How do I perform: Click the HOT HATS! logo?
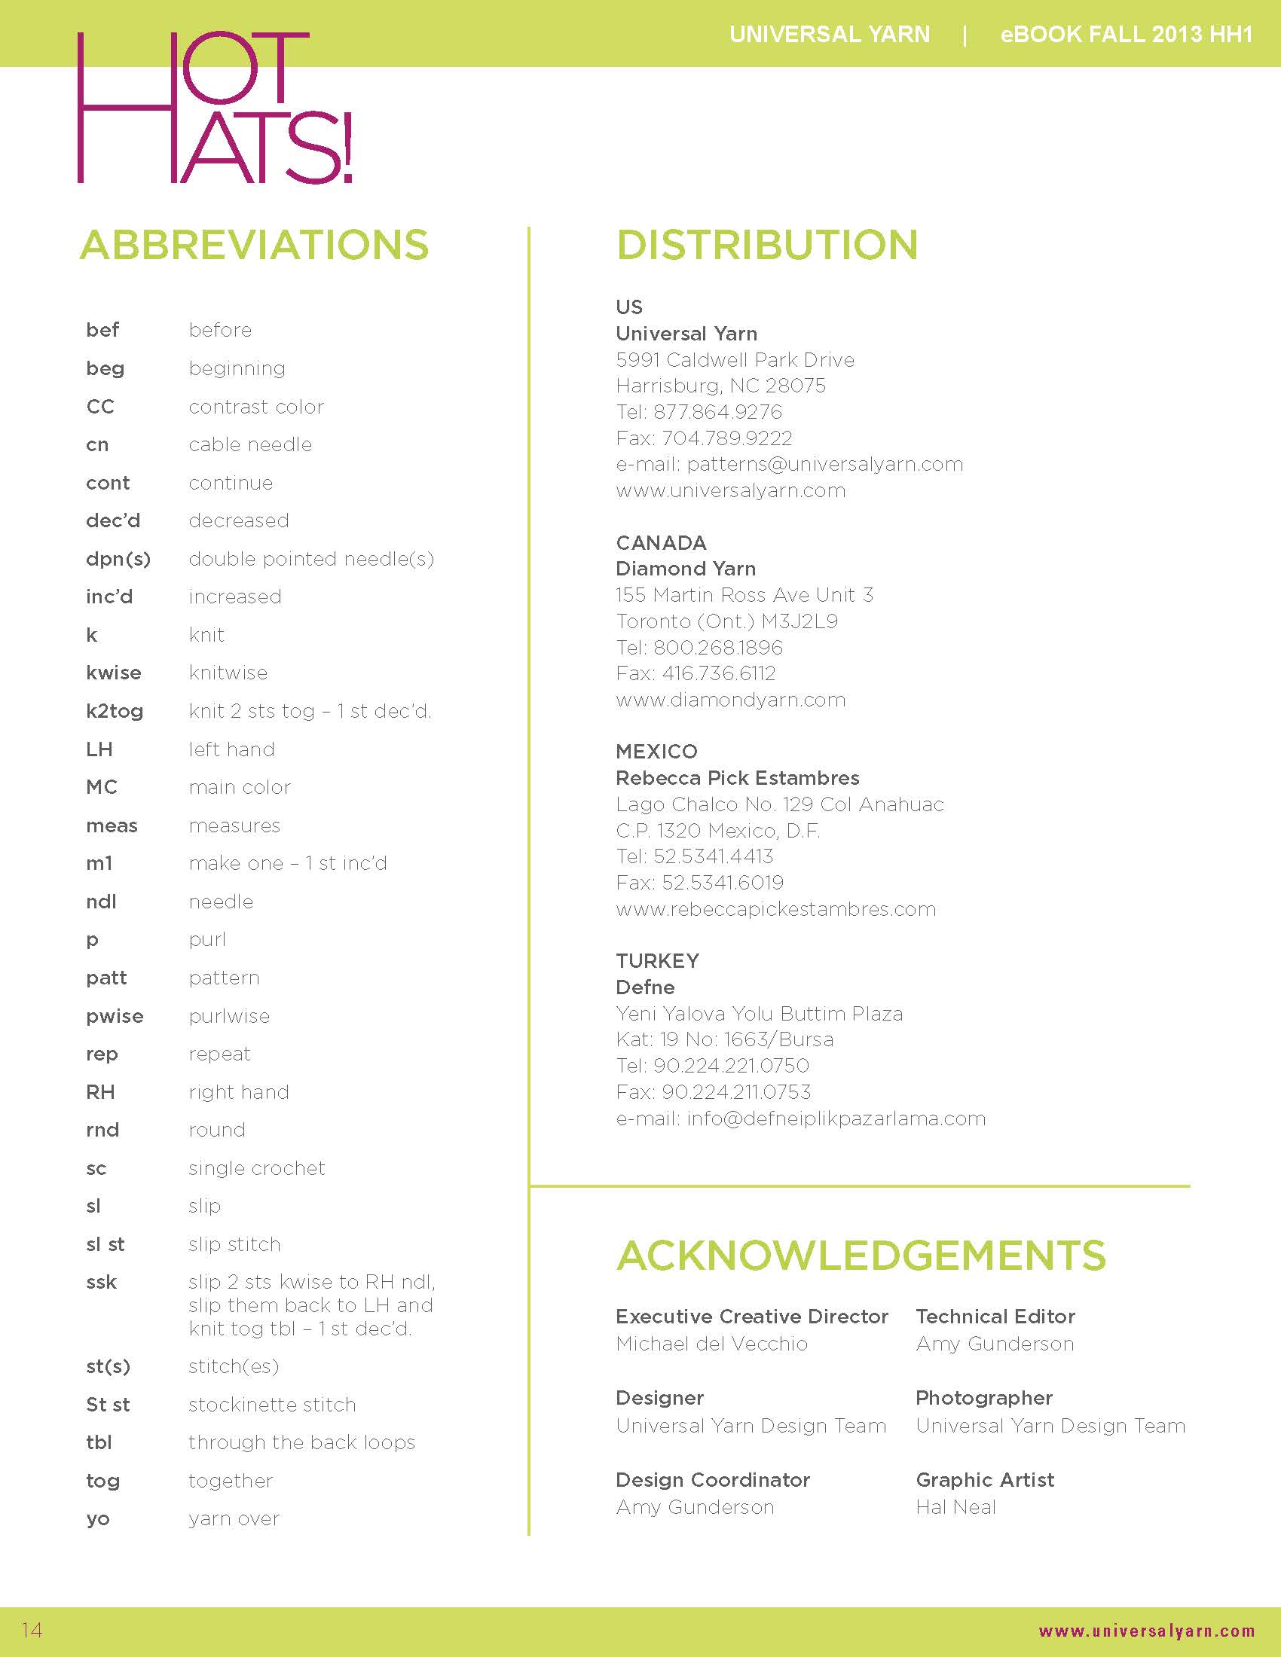tap(215, 107)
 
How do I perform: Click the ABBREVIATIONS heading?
tap(254, 245)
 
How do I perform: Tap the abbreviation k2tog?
tap(115, 711)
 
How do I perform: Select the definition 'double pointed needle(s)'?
tap(311, 559)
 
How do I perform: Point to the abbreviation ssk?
tap(102, 1282)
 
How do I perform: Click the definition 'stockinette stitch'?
tap(272, 1405)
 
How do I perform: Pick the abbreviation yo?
tap(98, 1519)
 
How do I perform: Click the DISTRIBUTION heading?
tap(766, 245)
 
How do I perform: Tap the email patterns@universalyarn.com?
tap(825, 464)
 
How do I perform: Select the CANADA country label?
tap(661, 542)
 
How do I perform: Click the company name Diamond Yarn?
tap(685, 568)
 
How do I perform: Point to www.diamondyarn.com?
tap(730, 700)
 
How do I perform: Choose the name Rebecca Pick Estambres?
tap(737, 778)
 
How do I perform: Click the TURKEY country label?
tap(657, 960)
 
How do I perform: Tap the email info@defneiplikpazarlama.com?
tap(836, 1118)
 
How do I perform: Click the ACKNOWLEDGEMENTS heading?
tap(861, 1256)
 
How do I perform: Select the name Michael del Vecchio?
tap(711, 1344)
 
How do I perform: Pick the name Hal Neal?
tap(955, 1507)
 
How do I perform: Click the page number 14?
tap(32, 1630)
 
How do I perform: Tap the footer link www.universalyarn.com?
tap(1146, 1631)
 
